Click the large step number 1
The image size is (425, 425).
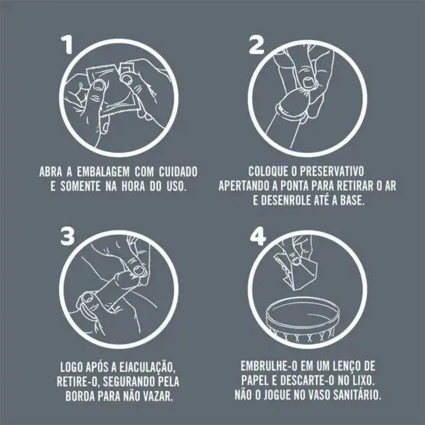(67, 45)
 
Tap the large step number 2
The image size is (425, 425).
(256, 46)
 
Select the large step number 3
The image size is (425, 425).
(67, 236)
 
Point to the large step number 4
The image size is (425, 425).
(258, 236)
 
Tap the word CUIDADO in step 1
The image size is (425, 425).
(178, 172)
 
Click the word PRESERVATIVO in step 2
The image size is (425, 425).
(332, 171)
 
